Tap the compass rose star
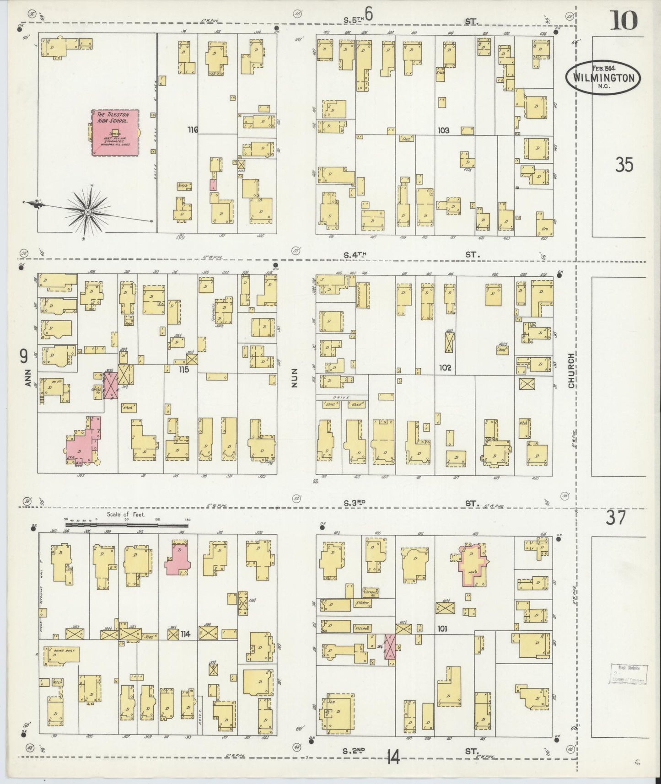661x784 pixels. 87,211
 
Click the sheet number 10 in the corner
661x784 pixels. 623,21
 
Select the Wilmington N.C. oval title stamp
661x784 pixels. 602,78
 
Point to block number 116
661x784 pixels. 193,130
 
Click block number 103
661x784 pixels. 443,130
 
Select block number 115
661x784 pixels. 184,369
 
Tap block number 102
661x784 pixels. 445,367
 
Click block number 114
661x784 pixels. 185,634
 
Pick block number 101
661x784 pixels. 442,628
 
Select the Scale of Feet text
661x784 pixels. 126,515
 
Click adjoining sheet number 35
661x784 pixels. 623,164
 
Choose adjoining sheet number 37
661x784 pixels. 616,518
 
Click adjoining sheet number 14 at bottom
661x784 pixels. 392,758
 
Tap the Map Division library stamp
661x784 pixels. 629,674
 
